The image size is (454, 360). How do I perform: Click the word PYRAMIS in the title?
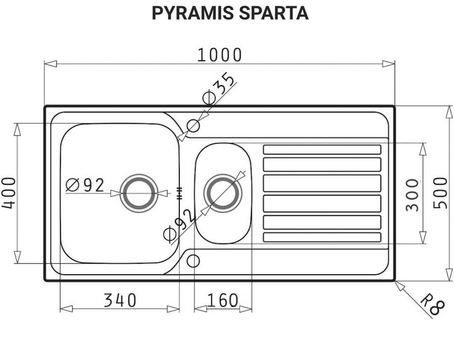(x=193, y=13)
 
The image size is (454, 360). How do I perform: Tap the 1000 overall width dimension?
(x=220, y=54)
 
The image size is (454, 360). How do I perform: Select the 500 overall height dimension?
(x=440, y=193)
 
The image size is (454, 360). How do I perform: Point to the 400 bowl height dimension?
(x=9, y=193)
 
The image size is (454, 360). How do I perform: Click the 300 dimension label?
(x=412, y=194)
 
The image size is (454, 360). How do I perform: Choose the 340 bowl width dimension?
(x=120, y=300)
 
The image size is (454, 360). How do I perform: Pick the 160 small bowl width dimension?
(x=223, y=300)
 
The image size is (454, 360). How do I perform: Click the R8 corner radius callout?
(x=431, y=304)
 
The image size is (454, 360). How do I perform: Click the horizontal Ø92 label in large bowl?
(x=85, y=185)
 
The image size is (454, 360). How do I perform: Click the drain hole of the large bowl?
(x=138, y=193)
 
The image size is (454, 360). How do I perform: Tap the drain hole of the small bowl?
(x=222, y=193)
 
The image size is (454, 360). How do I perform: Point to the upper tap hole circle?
(x=193, y=125)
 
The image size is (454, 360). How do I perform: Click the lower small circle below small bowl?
(x=193, y=261)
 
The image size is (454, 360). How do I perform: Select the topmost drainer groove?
(x=322, y=150)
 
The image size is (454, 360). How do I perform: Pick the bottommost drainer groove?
(x=322, y=237)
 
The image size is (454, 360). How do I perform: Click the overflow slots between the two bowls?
(x=179, y=193)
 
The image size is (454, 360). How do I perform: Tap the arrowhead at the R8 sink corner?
(x=399, y=285)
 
